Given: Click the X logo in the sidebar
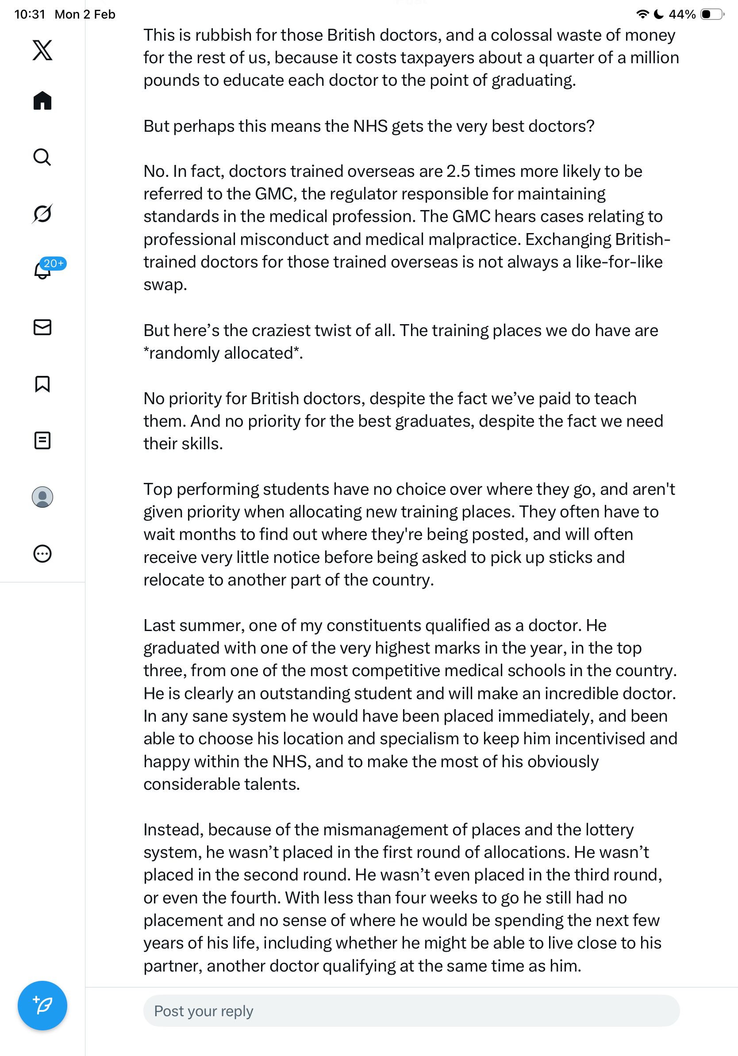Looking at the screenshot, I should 42,50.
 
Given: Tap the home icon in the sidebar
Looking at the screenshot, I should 42,100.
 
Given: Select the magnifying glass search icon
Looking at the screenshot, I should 42,157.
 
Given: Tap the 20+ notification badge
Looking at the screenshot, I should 54,263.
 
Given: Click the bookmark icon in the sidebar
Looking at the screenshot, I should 42,384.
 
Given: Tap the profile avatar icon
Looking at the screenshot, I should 42,497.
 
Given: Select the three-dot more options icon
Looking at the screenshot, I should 42,554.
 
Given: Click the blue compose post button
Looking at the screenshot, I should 42,1006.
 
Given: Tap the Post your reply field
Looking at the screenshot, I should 411,1011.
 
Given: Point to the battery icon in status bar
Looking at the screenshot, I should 711,14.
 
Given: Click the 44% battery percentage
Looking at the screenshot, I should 682,14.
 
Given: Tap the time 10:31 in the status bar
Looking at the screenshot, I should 30,14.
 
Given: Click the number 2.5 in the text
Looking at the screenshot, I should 458,172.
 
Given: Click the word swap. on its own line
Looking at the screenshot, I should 165,285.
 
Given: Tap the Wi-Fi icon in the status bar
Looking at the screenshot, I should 642,14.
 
